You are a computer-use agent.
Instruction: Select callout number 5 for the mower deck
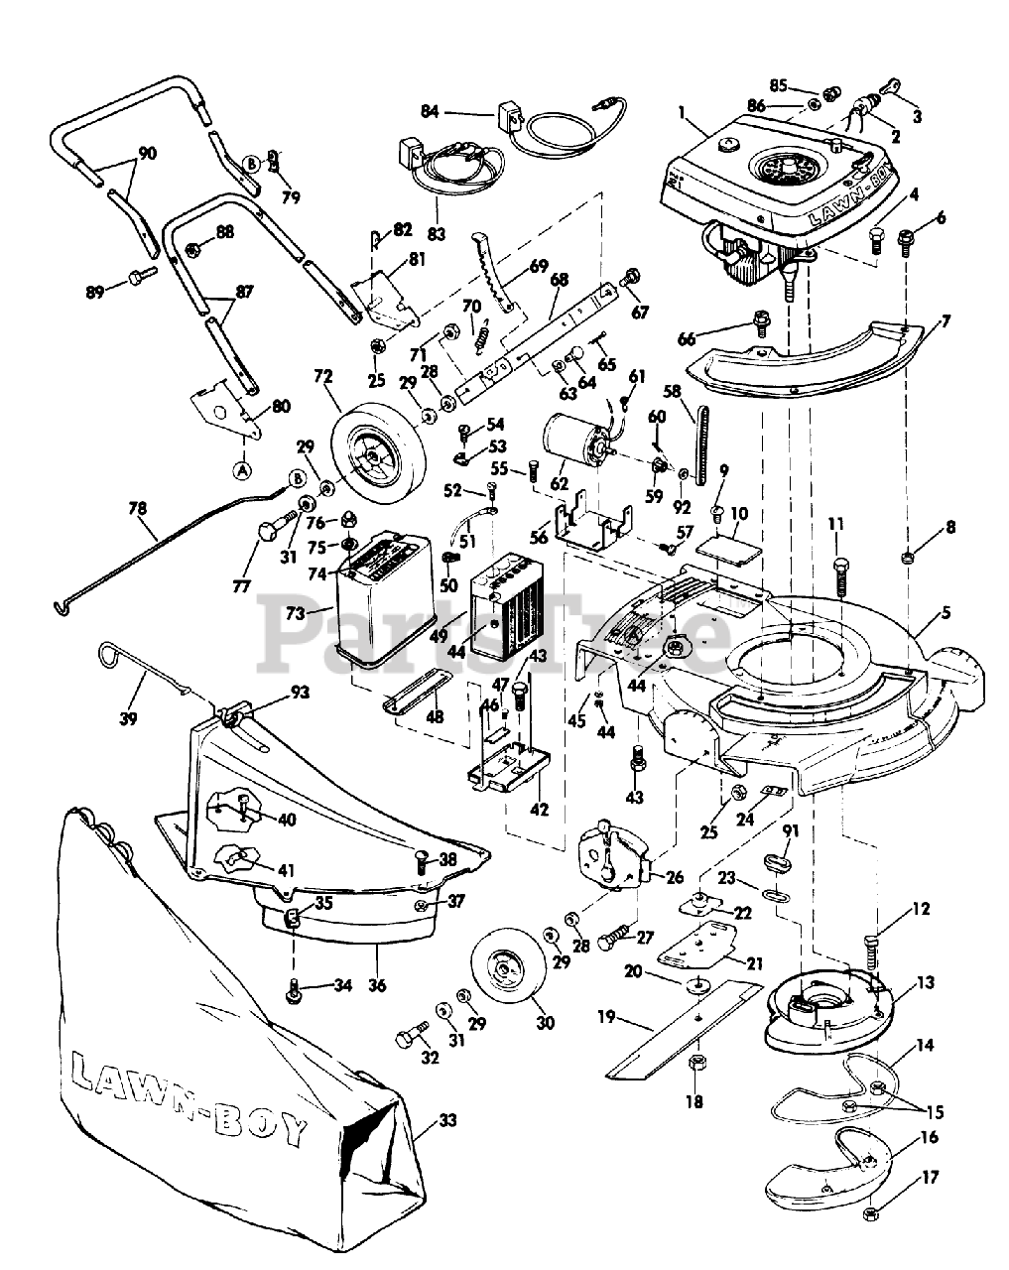(x=946, y=612)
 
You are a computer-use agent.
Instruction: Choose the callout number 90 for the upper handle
(x=147, y=154)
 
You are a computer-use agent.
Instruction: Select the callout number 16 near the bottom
(x=929, y=1138)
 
